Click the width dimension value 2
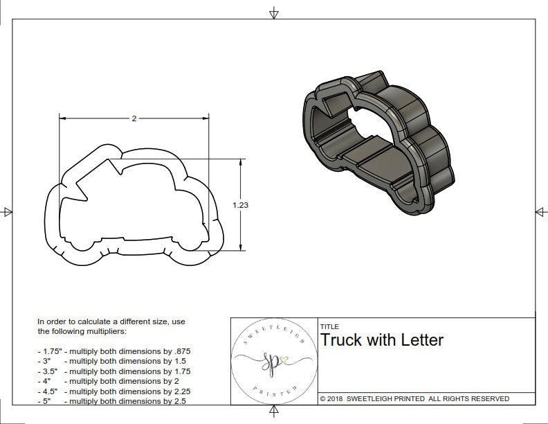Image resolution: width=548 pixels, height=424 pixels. tap(134, 118)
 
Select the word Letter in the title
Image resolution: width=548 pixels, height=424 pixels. tap(422, 340)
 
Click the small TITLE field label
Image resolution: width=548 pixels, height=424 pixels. tap(329, 326)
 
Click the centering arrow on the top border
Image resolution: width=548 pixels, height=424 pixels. tap(275, 12)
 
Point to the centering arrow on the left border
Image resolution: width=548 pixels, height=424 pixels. tap(7, 211)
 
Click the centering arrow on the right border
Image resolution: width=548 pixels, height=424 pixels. tap(540, 211)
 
